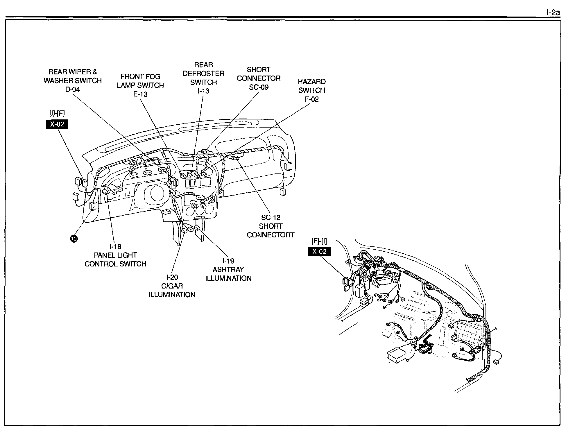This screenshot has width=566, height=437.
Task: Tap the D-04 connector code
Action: pos(72,89)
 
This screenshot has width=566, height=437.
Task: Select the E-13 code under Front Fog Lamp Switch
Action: pos(140,94)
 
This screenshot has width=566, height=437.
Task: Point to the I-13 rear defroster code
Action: pos(203,91)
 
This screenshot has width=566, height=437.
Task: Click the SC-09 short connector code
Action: pos(259,87)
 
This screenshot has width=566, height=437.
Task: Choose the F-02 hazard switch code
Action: pos(312,99)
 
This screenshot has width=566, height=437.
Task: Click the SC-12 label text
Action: pos(271,217)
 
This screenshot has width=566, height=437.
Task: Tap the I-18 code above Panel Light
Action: pos(115,246)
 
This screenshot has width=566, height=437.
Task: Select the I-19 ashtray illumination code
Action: pos(228,261)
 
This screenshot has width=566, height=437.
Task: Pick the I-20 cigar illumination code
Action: pos(172,277)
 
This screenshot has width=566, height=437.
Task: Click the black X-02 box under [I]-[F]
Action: pos(57,124)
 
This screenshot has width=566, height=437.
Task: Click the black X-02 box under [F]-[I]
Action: pos(319,252)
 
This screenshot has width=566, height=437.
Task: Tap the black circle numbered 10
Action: pos(74,239)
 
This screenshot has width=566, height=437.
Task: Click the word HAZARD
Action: pos(312,82)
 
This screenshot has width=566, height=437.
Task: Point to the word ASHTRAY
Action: pos(228,269)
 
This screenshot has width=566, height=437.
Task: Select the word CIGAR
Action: pos(172,286)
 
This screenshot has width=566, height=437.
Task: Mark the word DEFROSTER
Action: pos(203,74)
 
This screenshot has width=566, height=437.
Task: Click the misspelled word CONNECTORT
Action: pos(271,235)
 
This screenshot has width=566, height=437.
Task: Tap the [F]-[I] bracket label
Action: pos(319,241)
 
